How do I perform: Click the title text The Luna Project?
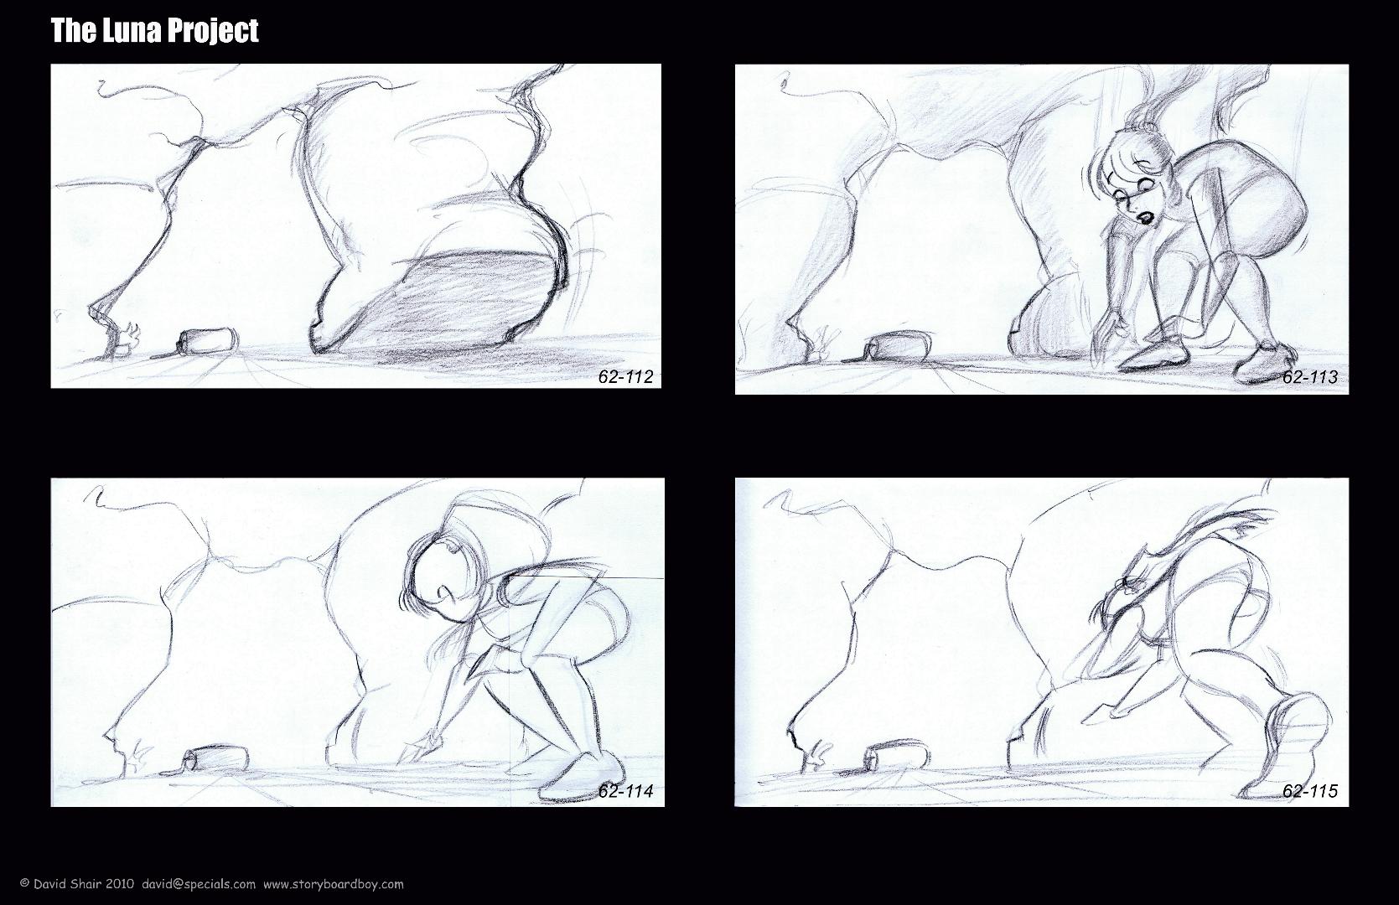[154, 31]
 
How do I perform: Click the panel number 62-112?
[625, 376]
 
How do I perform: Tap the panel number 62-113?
[1309, 376]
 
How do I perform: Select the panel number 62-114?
[625, 791]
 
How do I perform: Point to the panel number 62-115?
[1309, 791]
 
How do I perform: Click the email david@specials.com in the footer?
[199, 884]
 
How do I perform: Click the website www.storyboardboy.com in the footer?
[334, 884]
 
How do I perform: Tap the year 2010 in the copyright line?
[120, 884]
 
